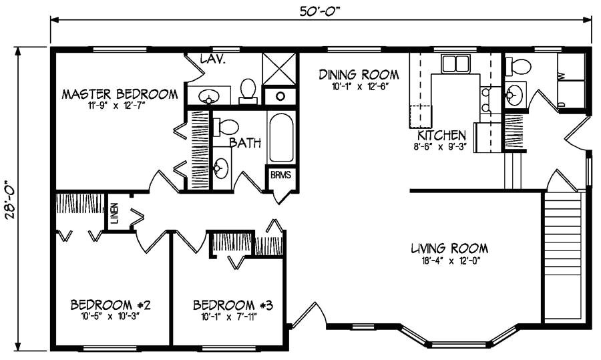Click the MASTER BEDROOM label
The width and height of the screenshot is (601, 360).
pyautogui.click(x=120, y=94)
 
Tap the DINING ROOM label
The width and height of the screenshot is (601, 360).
pyautogui.click(x=359, y=74)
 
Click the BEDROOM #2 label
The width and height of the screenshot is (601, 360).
pyautogui.click(x=110, y=305)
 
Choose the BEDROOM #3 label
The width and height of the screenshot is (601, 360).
pyautogui.click(x=233, y=305)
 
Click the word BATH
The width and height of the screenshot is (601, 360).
pyautogui.click(x=245, y=142)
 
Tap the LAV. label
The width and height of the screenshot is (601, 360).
pyautogui.click(x=213, y=59)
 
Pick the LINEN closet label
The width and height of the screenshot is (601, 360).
pyautogui.click(x=115, y=214)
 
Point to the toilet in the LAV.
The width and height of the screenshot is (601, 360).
pyautogui.click(x=248, y=90)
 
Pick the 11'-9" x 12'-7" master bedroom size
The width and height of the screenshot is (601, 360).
pyautogui.click(x=120, y=106)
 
